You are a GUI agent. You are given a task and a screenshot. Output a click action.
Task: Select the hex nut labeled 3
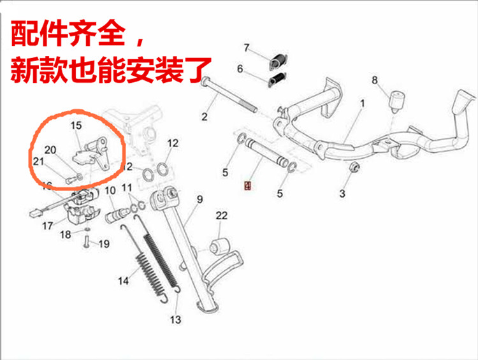355,169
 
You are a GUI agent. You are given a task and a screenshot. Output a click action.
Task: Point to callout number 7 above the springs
247,48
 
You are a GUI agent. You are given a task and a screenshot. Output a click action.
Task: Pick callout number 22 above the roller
221,216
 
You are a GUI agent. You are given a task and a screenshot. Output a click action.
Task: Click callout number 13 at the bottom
175,319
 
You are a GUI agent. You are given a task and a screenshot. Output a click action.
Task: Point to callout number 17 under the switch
47,226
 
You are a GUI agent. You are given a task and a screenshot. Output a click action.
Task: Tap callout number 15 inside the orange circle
76,126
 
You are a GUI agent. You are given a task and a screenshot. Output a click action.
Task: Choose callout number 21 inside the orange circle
38,161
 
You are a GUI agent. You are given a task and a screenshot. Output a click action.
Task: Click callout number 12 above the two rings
173,143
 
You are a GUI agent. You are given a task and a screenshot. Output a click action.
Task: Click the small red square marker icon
249,186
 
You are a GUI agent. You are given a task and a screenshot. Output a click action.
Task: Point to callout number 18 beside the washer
66,234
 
